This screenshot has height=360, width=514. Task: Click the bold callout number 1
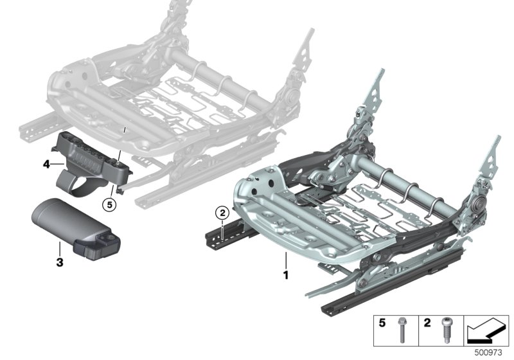pos(286,274)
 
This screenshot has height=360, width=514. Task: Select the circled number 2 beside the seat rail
pos(222,213)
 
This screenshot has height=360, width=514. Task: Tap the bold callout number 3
pos(60,262)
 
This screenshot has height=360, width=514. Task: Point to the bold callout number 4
pos(46,164)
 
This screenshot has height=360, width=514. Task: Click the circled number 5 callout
pos(109,205)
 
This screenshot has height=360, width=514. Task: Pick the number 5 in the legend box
pos(382,323)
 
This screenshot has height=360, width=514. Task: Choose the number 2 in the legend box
pos(427,323)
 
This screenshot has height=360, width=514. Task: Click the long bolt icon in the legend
pos(402,330)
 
